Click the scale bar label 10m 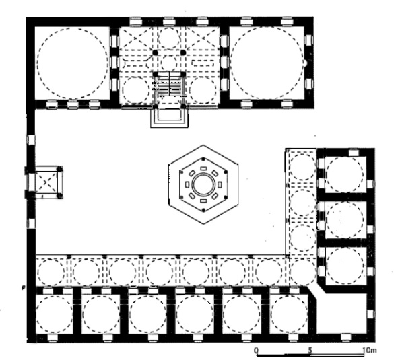(369, 350)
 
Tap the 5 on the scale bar (310, 350)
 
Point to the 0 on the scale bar (256, 350)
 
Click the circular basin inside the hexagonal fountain (203, 184)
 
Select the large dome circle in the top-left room (73, 63)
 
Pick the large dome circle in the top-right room (267, 63)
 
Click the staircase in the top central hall (169, 86)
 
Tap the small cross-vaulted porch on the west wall (47, 182)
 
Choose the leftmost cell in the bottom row (54, 314)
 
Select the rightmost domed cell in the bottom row (289, 314)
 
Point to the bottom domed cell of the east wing (345, 265)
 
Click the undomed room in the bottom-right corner (342, 314)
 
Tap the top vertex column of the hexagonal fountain (203, 159)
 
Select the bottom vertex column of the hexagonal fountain (203, 210)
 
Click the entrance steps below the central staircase (170, 118)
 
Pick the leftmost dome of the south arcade (51, 272)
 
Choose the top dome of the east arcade (302, 167)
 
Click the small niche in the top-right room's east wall (305, 63)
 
